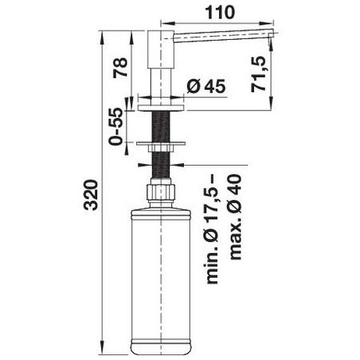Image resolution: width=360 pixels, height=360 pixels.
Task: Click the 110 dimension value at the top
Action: (220, 13)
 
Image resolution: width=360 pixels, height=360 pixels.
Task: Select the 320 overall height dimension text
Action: (91, 195)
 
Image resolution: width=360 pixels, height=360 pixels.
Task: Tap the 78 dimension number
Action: (120, 68)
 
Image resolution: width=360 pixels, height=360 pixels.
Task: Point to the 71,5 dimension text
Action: (258, 75)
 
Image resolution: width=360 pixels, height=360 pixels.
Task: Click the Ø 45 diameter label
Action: (206, 86)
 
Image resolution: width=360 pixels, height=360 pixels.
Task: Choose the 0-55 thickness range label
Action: (115, 127)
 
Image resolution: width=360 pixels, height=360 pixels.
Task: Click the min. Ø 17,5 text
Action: (213, 229)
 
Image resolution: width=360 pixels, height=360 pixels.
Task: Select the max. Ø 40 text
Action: (235, 217)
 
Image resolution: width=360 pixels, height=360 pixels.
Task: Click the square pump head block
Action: (161, 49)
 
